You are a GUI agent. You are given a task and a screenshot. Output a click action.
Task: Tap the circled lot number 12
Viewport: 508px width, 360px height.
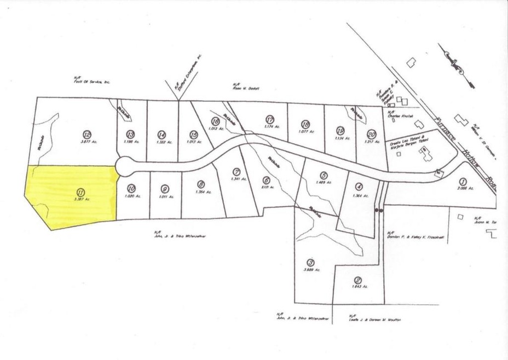[86, 133]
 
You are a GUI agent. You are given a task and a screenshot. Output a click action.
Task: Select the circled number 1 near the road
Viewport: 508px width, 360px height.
[463, 182]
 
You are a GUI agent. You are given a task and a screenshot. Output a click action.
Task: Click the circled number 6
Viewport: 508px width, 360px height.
[266, 179]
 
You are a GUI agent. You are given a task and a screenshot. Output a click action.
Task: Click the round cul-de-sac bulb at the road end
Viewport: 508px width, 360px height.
[124, 164]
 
